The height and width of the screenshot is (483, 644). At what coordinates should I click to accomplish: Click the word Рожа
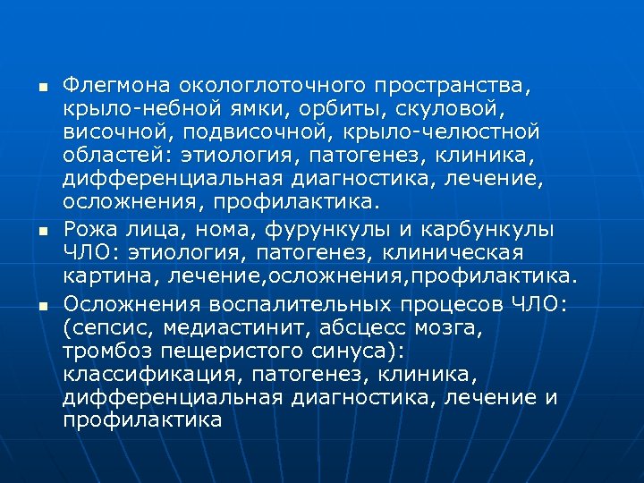(x=90, y=229)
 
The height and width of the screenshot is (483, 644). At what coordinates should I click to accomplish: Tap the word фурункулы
(x=298, y=229)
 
